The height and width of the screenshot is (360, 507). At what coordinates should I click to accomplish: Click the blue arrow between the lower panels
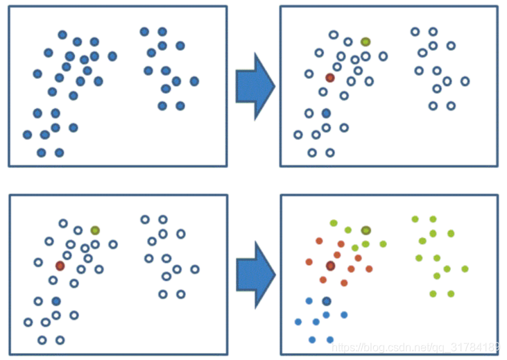pos(254,274)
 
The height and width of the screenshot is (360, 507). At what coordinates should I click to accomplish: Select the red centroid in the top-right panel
pos(329,78)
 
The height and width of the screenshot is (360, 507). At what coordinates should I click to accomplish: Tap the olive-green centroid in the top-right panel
pos(366,42)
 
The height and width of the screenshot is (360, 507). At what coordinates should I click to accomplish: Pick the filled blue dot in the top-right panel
pos(326,113)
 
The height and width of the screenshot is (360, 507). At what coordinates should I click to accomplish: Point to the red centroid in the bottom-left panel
pos(60,266)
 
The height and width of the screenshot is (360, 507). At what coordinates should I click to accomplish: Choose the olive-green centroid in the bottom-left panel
pos(96,230)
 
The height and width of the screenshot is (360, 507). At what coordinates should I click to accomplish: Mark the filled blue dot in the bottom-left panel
pos(56,301)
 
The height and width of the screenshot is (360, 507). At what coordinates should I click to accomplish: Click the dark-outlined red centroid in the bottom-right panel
pos(330,266)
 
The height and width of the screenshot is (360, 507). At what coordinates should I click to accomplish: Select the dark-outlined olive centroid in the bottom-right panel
pos(366,230)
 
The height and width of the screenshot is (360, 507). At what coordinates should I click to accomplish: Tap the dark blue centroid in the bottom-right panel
pos(326,301)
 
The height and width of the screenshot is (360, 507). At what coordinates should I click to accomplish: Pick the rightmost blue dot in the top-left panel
pos(194,81)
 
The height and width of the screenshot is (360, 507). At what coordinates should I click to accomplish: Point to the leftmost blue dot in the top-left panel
pos(27,135)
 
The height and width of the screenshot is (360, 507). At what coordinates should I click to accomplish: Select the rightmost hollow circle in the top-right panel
pos(465,81)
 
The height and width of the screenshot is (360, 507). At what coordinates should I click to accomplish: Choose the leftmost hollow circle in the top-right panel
pos(298,135)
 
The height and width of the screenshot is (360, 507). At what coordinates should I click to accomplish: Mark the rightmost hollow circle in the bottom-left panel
pos(195,269)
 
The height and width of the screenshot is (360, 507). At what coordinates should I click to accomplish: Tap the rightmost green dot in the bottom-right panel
pos(465,269)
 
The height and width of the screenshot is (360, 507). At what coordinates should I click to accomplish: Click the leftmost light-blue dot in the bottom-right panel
pos(298,322)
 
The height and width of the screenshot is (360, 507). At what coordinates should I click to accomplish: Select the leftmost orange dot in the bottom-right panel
pos(309,262)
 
